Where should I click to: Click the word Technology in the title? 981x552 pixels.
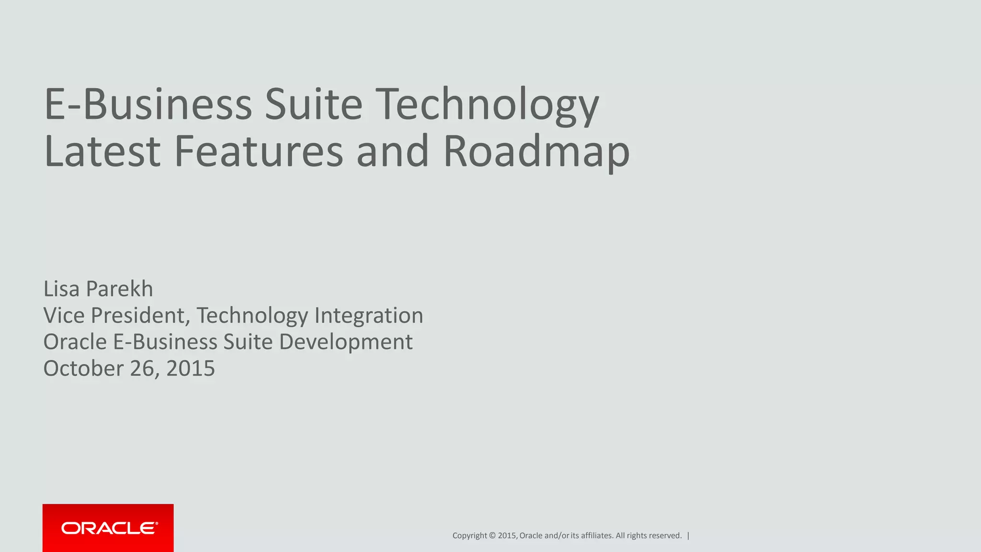click(487, 104)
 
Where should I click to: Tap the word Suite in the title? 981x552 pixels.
click(314, 104)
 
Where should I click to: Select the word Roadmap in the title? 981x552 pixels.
click(536, 151)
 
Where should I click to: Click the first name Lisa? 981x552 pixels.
click(61, 289)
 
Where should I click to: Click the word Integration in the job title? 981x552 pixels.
click(368, 315)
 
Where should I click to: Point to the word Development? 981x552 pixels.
click(345, 342)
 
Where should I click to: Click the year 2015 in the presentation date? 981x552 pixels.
click(191, 368)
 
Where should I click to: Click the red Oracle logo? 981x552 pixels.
click(108, 528)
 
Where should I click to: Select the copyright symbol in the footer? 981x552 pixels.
click(492, 536)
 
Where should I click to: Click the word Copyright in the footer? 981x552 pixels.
click(469, 536)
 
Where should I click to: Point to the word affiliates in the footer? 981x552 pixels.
click(597, 536)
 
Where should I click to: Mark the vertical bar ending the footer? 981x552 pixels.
click(688, 536)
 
